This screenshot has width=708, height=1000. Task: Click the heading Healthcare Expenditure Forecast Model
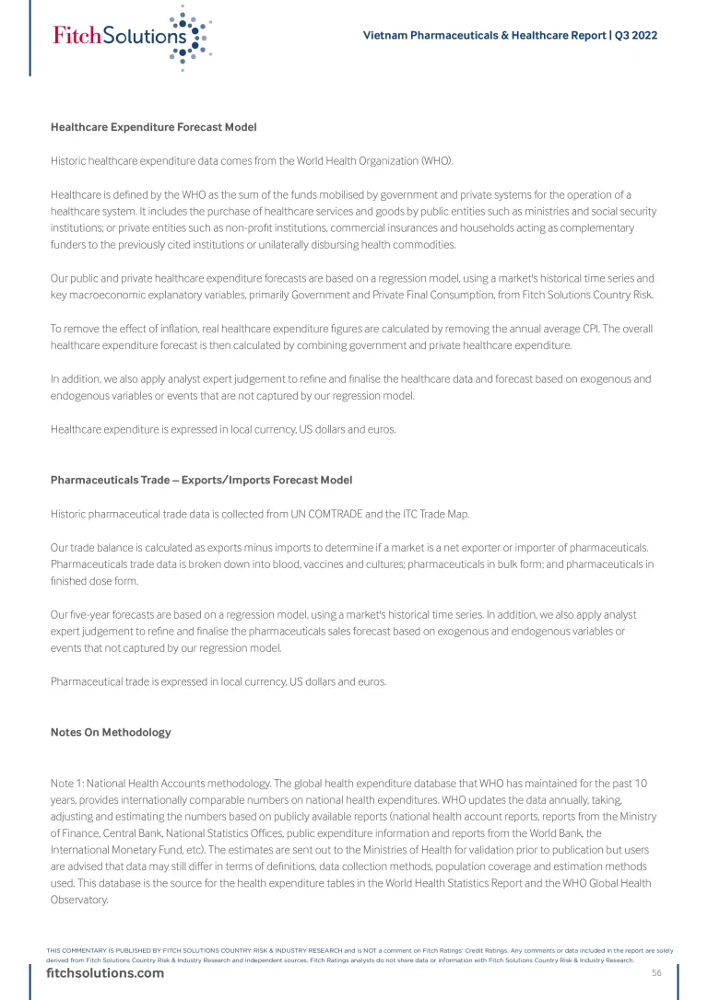click(x=153, y=126)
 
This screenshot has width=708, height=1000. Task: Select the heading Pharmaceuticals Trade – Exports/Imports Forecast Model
click(x=201, y=480)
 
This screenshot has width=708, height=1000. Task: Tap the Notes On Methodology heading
click(x=111, y=732)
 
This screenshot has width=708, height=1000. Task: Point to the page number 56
click(x=656, y=973)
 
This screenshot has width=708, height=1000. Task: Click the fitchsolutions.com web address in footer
click(x=105, y=973)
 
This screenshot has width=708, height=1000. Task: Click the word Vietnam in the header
click(x=384, y=36)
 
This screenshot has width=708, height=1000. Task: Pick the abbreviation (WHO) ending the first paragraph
click(x=436, y=160)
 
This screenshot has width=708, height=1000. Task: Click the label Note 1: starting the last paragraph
click(x=67, y=784)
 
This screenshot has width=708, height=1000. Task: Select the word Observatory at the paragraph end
click(x=79, y=900)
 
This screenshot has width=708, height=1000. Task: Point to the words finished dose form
click(x=89, y=581)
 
